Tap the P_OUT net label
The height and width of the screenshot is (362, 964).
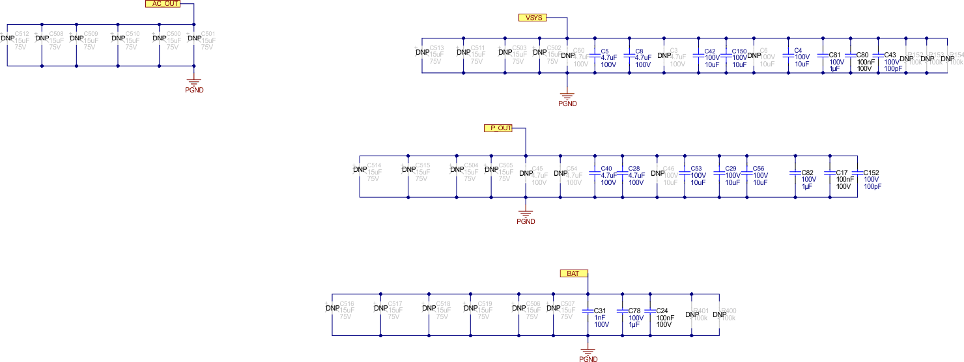point(498,128)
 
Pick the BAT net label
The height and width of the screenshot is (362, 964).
point(573,273)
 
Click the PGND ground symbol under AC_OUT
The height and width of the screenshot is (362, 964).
point(194,83)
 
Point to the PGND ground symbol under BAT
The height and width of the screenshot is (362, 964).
point(588,352)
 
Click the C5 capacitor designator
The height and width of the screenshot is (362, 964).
point(604,51)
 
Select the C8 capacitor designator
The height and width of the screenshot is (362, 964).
point(639,51)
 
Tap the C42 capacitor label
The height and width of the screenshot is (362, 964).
point(710,51)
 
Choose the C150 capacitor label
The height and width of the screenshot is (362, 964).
point(739,51)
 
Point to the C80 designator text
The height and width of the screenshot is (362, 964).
point(862,55)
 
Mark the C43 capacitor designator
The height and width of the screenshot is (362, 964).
point(890,55)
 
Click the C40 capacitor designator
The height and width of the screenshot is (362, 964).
point(607,169)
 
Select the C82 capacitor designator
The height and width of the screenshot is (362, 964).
point(808,173)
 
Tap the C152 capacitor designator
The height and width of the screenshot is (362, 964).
point(872,173)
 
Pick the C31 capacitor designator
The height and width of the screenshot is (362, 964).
point(601,311)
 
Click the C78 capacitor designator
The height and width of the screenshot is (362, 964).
point(635,311)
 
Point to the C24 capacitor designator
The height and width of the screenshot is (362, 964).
point(662,311)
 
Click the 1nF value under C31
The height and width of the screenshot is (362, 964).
point(600,318)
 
